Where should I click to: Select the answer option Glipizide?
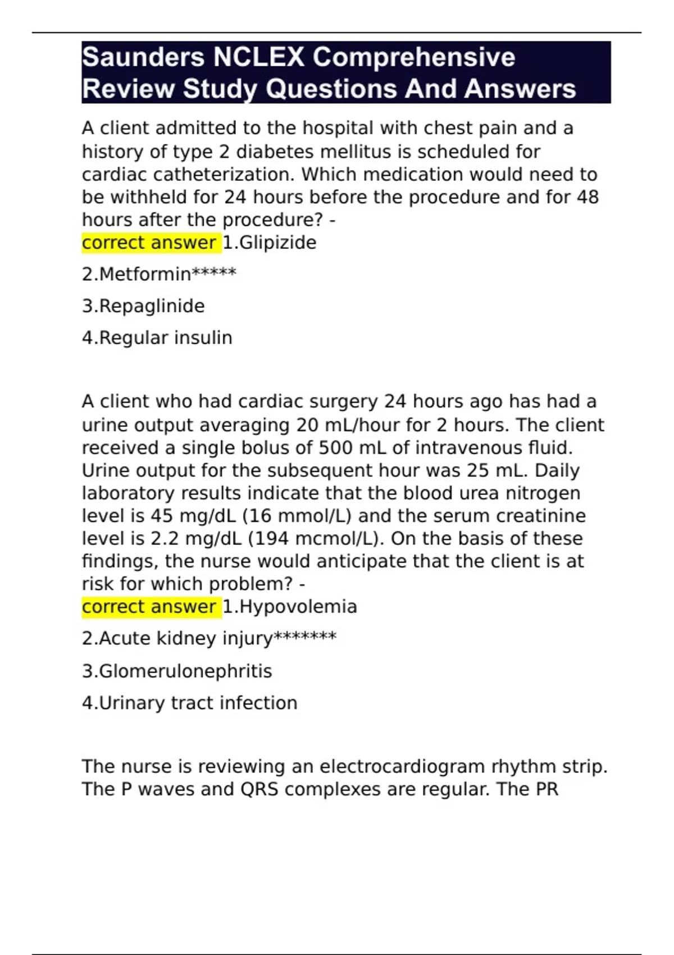(x=270, y=243)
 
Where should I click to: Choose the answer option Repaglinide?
(x=143, y=306)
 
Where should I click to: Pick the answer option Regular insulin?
(x=157, y=338)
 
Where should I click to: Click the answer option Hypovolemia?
(x=290, y=607)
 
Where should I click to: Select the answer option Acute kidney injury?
(x=177, y=639)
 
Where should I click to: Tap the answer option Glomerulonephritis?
(x=177, y=671)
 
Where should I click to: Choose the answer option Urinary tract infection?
(x=189, y=703)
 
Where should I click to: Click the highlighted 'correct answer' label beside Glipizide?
(x=150, y=243)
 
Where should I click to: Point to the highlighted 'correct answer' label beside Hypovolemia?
(x=150, y=607)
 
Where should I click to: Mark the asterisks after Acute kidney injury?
(x=304, y=638)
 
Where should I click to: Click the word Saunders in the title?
(x=143, y=57)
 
